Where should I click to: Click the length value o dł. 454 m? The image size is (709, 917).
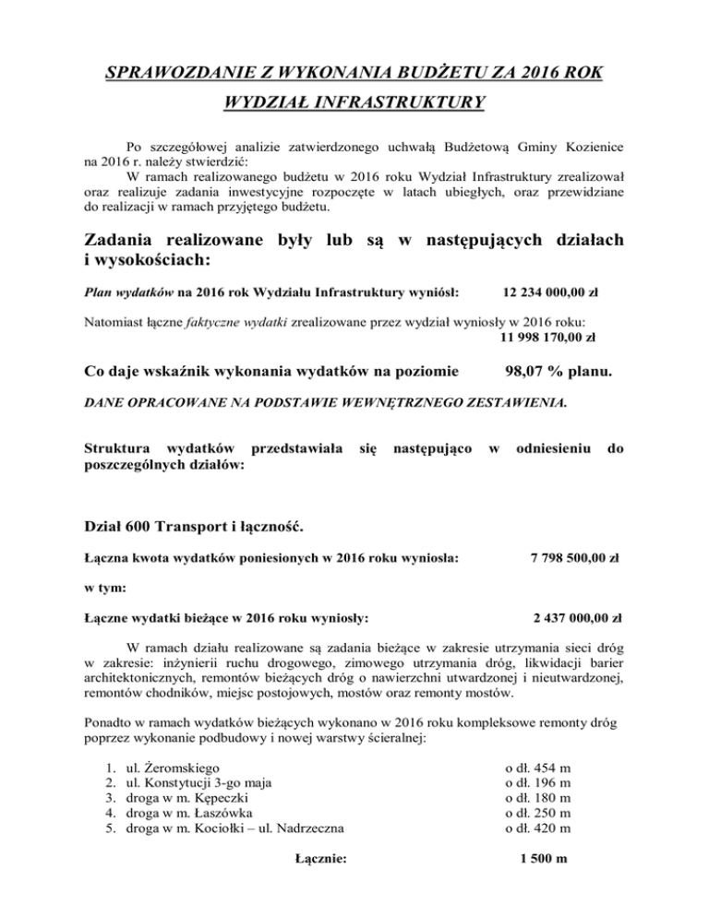[x=538, y=766]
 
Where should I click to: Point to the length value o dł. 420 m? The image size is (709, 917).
[x=538, y=828]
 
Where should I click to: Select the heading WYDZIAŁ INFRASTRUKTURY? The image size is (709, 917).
[x=354, y=102]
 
